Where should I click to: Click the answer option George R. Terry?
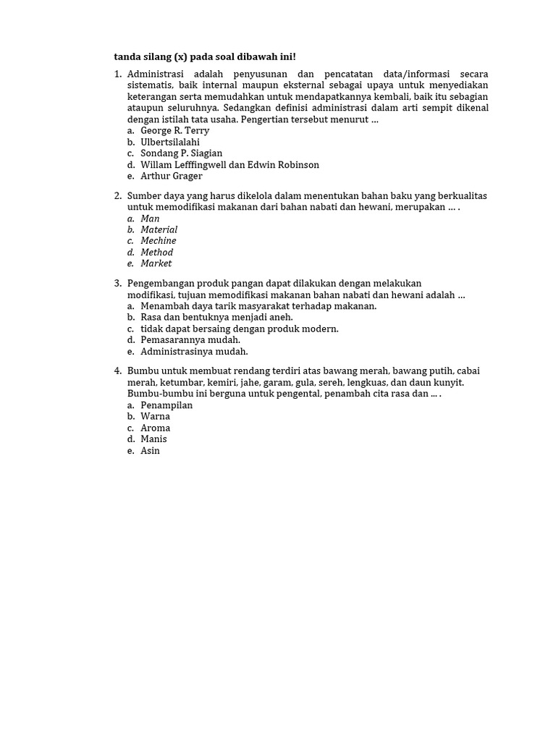174,131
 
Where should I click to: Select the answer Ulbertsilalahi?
170,143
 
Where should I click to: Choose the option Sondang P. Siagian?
181,153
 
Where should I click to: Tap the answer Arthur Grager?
172,176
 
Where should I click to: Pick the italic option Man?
150,219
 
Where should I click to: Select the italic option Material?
159,229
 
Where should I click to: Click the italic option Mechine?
158,241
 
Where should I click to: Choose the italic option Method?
156,253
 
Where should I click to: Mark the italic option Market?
156,263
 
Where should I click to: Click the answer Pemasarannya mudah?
190,339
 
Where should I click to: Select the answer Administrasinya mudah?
194,351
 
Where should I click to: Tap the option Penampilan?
167,405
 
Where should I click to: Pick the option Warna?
155,416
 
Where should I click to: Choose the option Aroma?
155,428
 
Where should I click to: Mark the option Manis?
153,439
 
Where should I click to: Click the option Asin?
150,451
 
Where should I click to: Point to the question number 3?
117,283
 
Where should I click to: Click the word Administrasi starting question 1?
156,75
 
